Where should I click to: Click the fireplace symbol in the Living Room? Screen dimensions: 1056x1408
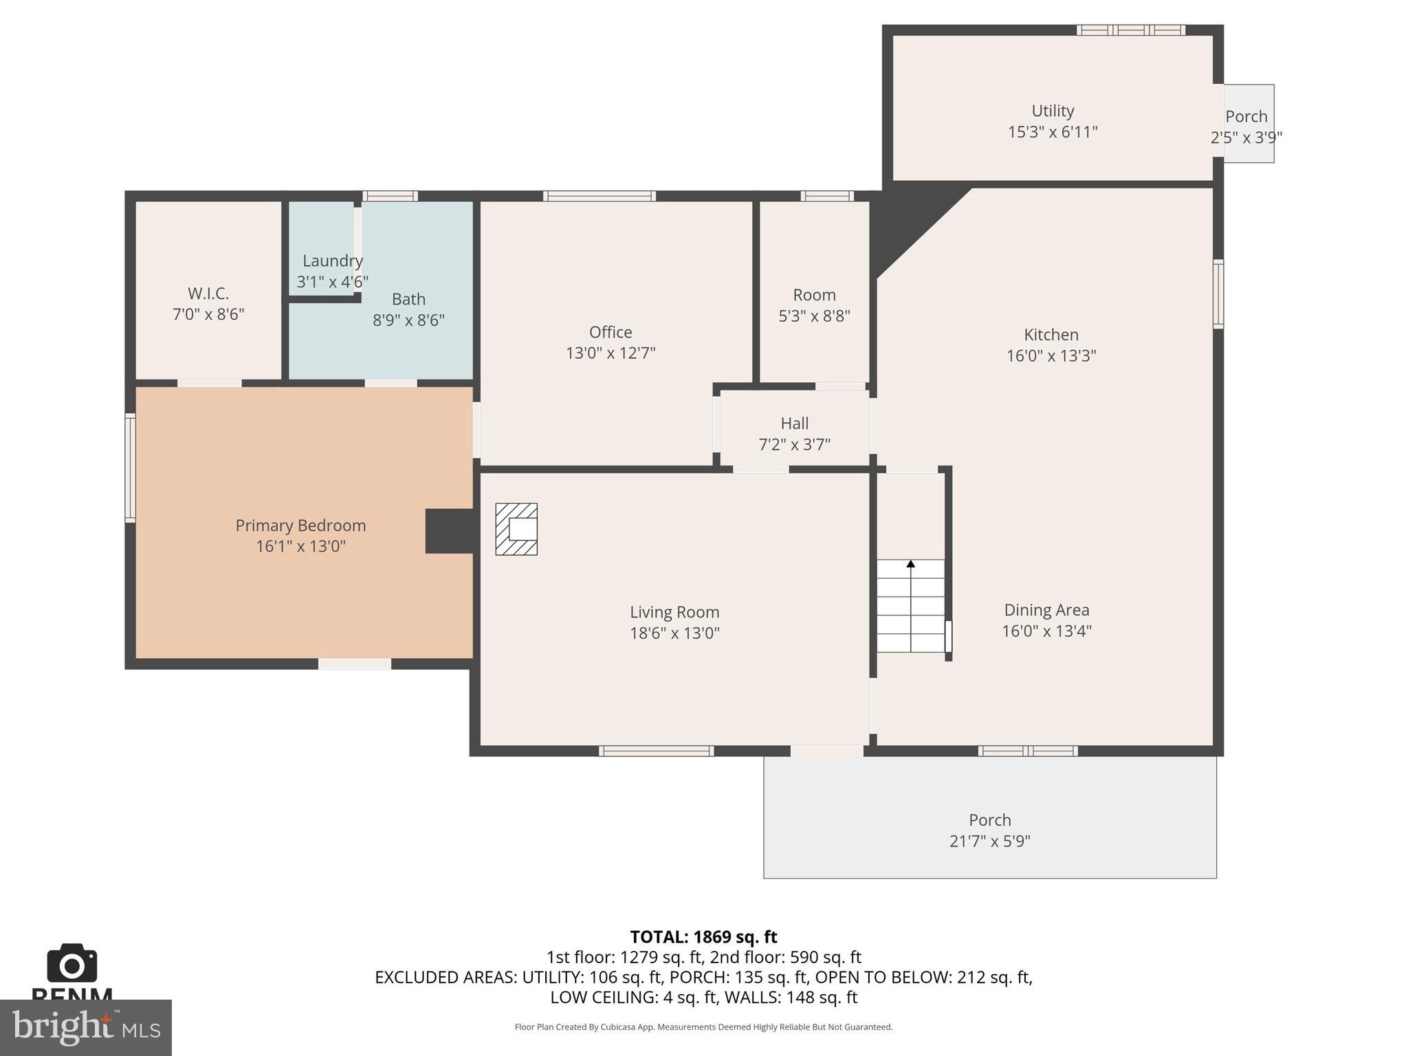[516, 529]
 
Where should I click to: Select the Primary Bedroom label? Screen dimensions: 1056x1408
[300, 526]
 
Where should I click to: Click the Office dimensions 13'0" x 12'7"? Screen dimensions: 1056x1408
[610, 353]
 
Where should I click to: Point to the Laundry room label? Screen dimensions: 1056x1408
[333, 261]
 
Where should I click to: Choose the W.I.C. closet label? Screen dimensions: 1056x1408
[208, 294]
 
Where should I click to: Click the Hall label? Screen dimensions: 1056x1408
[794, 423]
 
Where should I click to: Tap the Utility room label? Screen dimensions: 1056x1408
[1053, 111]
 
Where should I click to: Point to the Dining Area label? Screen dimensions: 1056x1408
[1046, 610]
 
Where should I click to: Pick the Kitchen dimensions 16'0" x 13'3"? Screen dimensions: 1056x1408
[1051, 356]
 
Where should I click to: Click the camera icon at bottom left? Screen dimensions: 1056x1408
[71, 964]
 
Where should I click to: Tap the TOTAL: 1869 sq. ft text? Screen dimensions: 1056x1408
[703, 937]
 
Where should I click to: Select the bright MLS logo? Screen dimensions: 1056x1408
[85, 1028]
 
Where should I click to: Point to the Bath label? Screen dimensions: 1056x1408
[408, 300]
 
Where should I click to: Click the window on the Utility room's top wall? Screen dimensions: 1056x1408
[1130, 30]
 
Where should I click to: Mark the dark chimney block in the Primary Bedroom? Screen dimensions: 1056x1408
[449, 531]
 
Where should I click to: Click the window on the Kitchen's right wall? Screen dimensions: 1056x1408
[1218, 294]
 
